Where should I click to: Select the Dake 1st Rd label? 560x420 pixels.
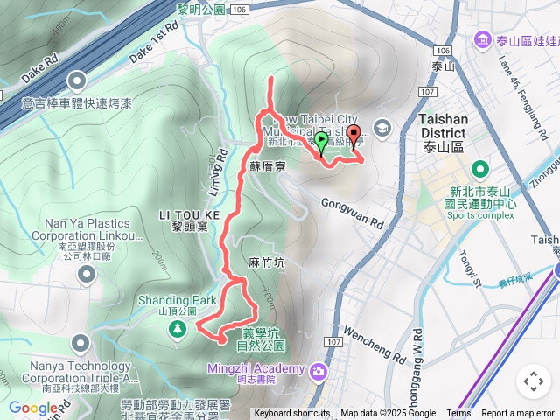153,41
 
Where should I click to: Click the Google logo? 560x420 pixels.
34,408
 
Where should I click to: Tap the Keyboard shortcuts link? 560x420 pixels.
292,414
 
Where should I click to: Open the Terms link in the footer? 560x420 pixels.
458,414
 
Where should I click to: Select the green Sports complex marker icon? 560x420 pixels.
479,169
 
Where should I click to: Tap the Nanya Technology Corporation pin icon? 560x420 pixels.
80,341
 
